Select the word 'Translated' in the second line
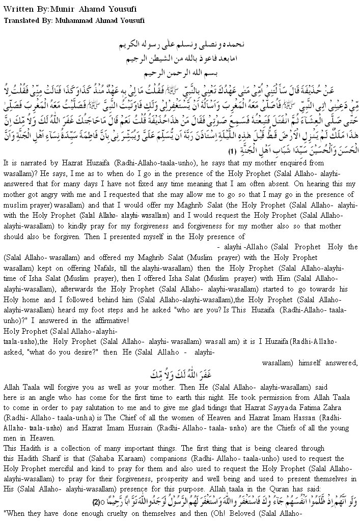click(20, 20)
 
